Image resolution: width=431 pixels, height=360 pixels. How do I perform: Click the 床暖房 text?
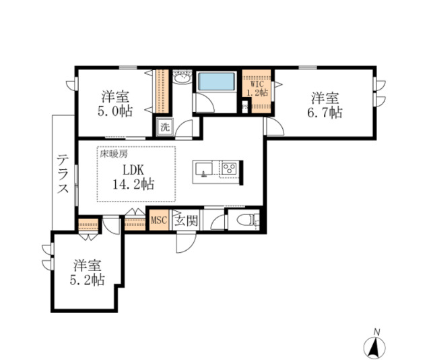coord(114,154)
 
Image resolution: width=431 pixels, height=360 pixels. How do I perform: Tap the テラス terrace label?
coord(63,174)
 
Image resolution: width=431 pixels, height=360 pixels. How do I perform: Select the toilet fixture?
coord(244,220)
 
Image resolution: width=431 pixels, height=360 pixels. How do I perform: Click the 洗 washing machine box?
coord(165,126)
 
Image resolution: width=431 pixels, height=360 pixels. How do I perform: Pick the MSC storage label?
coord(159,220)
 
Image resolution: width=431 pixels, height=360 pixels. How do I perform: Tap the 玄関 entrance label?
coord(185,220)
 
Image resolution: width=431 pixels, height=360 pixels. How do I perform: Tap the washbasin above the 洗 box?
coord(180,80)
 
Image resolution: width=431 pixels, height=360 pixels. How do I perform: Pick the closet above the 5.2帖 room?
coord(88,224)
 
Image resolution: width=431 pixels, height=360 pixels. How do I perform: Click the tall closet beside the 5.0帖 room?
coord(161,91)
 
